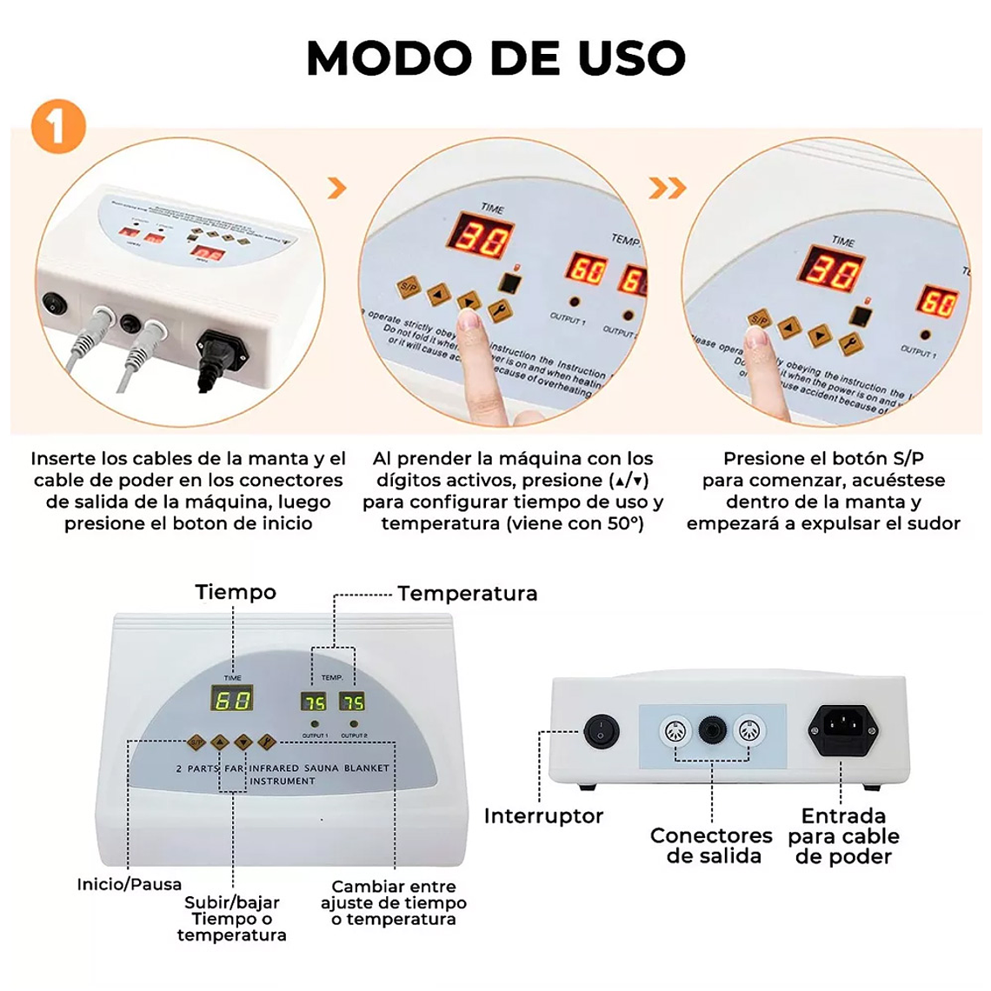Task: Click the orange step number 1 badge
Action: (x=58, y=127)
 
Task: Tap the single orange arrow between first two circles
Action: (x=337, y=188)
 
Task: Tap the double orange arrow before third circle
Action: (x=668, y=188)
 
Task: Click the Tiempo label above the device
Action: (x=236, y=592)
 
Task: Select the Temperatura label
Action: (x=467, y=594)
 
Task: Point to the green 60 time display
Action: (x=232, y=699)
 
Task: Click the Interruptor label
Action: (x=543, y=815)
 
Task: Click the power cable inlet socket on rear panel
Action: (x=842, y=726)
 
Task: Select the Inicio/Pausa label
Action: (x=130, y=884)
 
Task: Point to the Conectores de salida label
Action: (x=711, y=846)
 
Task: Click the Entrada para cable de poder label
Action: (x=843, y=836)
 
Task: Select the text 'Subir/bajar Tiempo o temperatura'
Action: (x=231, y=919)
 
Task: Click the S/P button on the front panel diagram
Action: (x=196, y=742)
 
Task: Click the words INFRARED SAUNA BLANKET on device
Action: (x=319, y=768)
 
